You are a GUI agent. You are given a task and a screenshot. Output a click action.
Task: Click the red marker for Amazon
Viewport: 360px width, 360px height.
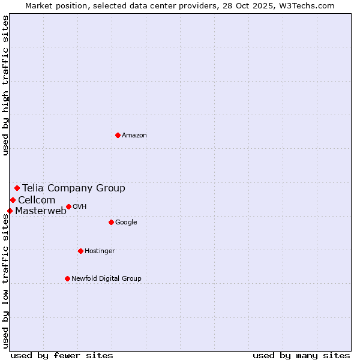(x=118, y=135)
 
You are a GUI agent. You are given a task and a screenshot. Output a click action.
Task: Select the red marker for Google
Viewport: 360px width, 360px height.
(x=111, y=222)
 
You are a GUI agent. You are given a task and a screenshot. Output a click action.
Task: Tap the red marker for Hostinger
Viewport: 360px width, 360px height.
(x=80, y=251)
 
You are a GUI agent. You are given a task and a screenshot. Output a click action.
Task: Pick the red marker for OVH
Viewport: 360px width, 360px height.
(x=68, y=206)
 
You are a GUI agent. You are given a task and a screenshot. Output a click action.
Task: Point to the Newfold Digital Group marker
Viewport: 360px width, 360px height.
(x=67, y=278)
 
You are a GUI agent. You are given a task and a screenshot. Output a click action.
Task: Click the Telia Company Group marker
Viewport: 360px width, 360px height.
(x=17, y=188)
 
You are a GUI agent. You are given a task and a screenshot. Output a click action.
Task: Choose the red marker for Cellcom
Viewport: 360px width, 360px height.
(x=13, y=200)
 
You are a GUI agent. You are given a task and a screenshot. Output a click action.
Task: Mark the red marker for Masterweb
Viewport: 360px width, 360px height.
(x=10, y=211)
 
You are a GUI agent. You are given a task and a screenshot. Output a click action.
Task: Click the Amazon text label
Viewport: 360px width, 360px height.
(x=134, y=136)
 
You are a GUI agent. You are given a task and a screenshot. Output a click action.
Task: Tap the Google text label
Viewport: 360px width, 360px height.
(x=126, y=223)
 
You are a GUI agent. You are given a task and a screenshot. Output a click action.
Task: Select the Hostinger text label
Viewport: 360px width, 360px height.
(x=100, y=251)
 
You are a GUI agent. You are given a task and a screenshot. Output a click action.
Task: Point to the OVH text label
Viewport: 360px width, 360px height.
(x=80, y=207)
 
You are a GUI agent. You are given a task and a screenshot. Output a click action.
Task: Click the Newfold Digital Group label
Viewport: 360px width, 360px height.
(x=106, y=278)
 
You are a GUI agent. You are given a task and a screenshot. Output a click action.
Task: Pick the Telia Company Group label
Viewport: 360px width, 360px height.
(x=74, y=188)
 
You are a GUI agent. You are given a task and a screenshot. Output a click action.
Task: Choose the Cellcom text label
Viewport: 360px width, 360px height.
(x=37, y=200)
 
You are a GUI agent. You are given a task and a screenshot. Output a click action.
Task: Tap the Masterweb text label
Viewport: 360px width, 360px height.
(x=41, y=211)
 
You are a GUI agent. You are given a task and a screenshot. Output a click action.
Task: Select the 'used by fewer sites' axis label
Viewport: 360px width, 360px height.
(x=62, y=355)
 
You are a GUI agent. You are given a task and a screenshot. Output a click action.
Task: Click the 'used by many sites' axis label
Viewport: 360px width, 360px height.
(x=301, y=355)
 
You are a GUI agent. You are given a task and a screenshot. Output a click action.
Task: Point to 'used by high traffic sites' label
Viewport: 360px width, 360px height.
(x=5, y=85)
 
